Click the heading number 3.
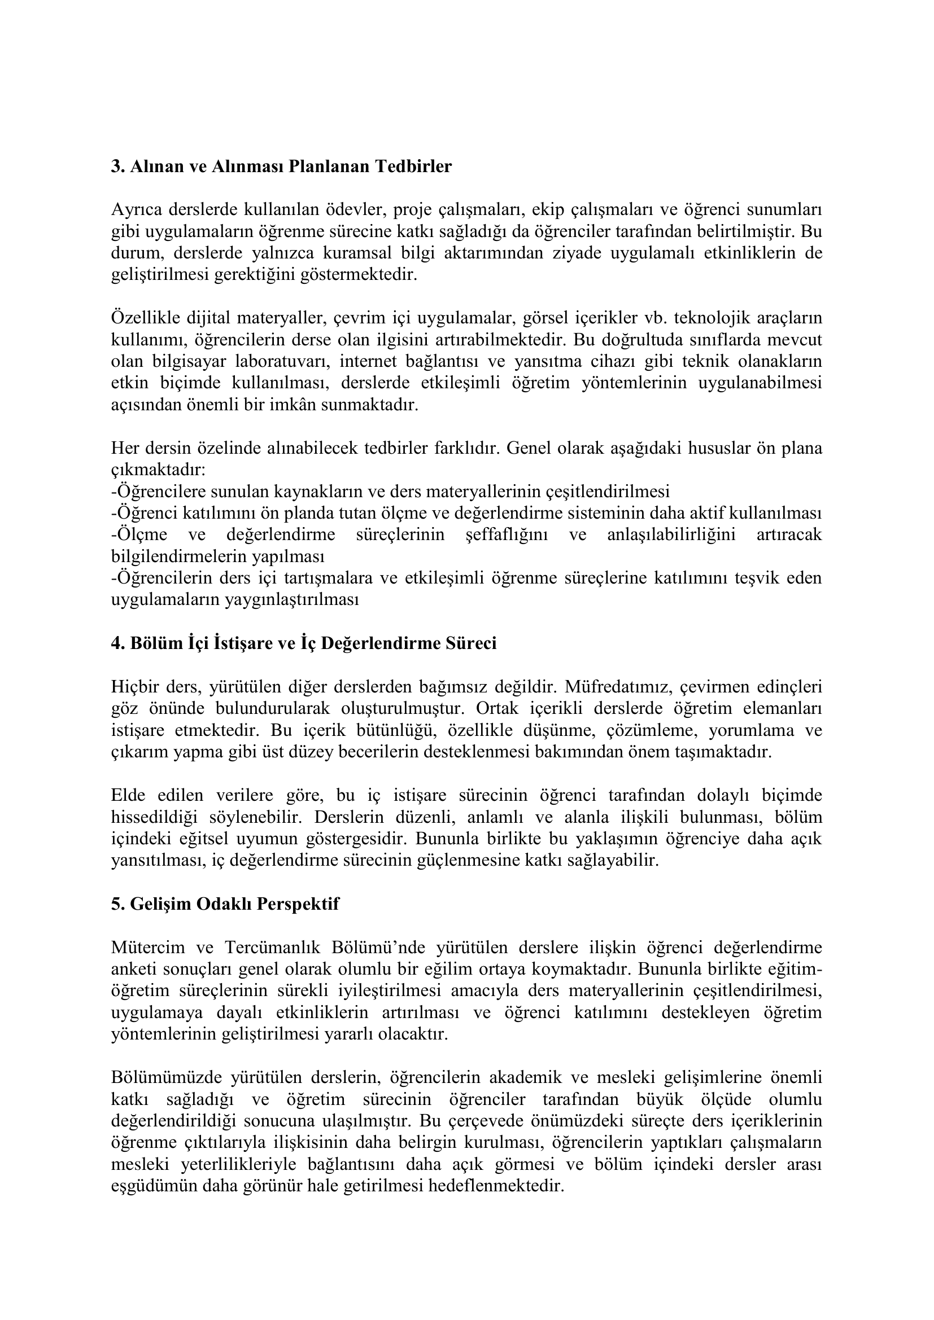(117, 166)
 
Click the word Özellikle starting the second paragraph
(144, 317)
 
